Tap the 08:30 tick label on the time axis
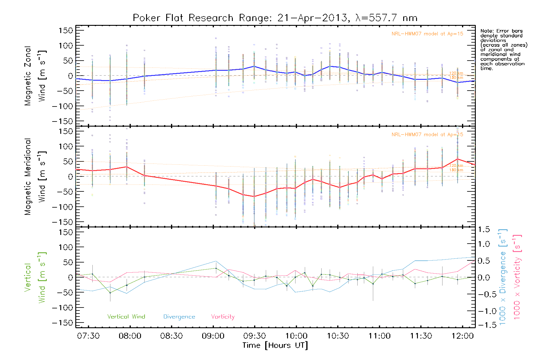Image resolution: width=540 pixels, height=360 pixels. click(171, 336)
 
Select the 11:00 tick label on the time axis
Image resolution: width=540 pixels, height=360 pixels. click(379, 336)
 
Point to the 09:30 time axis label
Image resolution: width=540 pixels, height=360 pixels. click(254, 336)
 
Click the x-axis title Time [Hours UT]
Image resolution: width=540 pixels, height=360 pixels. click(275, 346)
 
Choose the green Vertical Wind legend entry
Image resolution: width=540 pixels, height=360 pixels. click(126, 317)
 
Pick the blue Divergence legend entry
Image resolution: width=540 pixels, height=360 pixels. click(179, 317)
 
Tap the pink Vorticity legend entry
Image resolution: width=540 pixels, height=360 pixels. click(223, 317)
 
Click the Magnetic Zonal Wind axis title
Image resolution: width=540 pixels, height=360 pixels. click(35, 76)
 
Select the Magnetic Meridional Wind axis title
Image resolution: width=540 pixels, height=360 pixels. click(35, 177)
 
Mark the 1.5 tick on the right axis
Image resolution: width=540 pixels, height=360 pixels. click(484, 229)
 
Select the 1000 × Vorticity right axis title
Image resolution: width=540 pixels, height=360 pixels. click(517, 277)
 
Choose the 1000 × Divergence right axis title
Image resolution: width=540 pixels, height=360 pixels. click(503, 277)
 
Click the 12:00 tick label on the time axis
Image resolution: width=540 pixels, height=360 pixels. click(463, 336)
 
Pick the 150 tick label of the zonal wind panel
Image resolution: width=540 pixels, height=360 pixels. click(66, 31)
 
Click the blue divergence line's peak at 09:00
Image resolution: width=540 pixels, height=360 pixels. click(216, 261)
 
